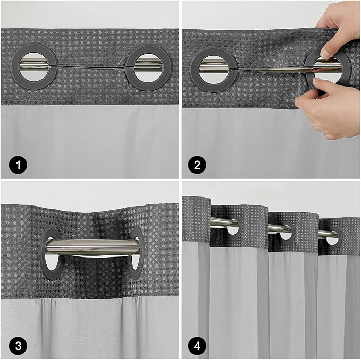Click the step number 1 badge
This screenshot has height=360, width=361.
18,165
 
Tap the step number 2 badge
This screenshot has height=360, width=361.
197,165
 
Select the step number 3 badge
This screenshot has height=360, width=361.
18,346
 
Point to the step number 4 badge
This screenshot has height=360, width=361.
197,346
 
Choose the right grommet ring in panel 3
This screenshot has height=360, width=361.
136,253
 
